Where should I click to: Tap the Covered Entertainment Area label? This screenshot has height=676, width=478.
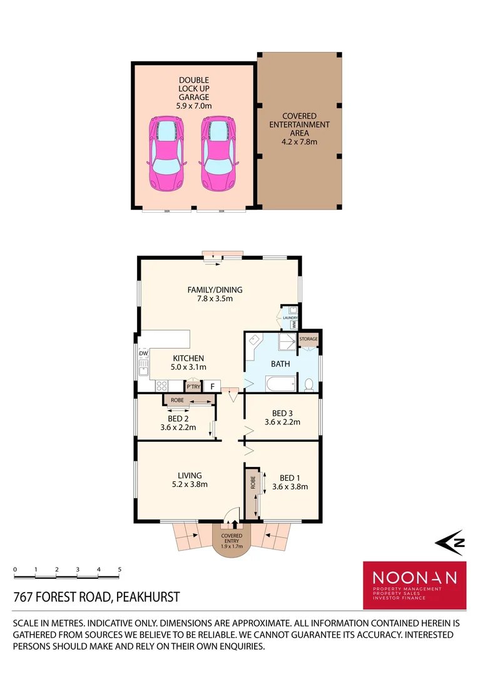[298, 129]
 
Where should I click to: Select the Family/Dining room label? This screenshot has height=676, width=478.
[215, 294]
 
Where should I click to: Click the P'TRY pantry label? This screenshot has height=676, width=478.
[193, 387]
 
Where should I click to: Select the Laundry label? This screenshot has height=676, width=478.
[290, 318]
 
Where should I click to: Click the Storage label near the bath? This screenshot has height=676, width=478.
[308, 339]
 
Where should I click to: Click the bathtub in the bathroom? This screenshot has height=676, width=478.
[280, 382]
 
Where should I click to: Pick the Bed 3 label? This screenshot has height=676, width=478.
[282, 417]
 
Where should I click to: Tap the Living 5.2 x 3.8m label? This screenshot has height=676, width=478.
[189, 479]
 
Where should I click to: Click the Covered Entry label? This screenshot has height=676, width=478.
[231, 539]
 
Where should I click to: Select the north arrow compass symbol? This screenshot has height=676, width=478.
[450, 543]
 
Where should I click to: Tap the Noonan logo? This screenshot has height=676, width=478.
[414, 585]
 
